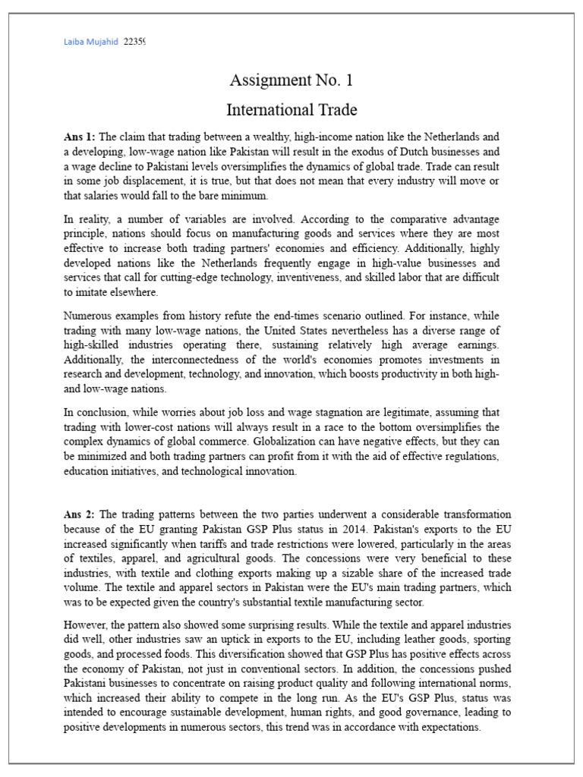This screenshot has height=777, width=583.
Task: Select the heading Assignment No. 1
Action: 291,80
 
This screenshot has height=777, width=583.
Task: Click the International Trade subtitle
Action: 291,109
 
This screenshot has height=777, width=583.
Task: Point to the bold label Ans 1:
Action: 80,137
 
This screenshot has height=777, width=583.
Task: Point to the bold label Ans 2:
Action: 80,514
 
